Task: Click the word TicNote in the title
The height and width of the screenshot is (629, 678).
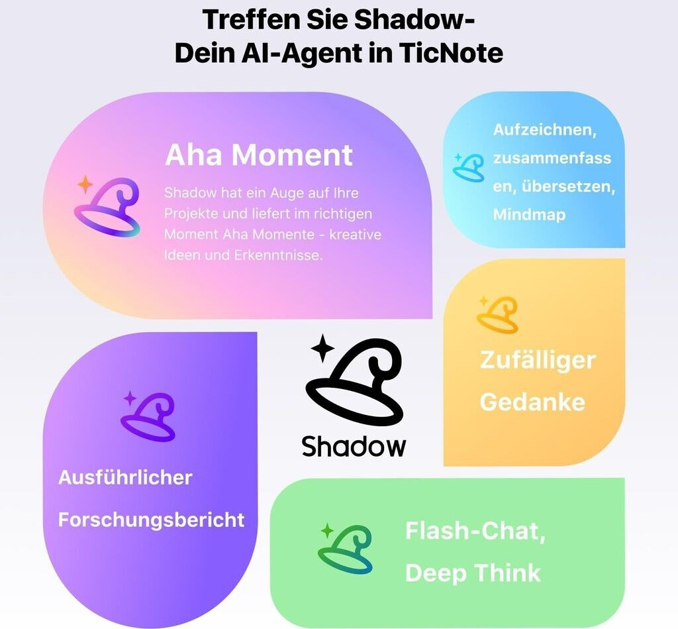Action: tap(451, 54)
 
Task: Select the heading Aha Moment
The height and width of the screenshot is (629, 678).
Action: tap(259, 155)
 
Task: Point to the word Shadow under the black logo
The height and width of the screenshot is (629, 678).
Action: tap(354, 446)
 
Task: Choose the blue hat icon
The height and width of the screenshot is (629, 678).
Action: tap(469, 167)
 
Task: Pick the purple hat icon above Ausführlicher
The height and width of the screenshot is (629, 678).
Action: tap(148, 417)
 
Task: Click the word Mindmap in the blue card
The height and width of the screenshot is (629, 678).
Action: tap(529, 215)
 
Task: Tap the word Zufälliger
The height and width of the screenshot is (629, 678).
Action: tap(538, 361)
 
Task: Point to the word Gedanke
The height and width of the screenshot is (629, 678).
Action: tap(532, 402)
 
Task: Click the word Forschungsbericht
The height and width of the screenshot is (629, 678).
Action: tap(151, 520)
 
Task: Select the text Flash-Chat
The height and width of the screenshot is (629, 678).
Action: tap(475, 531)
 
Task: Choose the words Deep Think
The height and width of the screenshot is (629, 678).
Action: tap(473, 573)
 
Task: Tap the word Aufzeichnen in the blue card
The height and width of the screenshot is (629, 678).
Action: tap(544, 130)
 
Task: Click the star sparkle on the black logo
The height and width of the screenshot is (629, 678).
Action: tap(322, 348)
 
